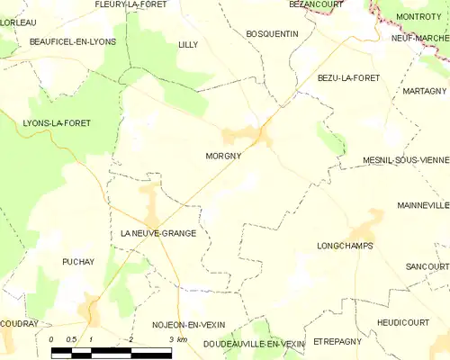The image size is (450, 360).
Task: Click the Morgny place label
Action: (220, 155)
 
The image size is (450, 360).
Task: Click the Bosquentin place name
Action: (271, 33)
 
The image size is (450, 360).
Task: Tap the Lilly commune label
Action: (188, 44)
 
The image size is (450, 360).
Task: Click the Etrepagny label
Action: (338, 342)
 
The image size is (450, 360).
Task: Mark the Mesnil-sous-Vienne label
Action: (400, 158)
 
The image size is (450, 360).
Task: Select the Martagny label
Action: (425, 91)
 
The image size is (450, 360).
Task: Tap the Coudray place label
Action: (18, 323)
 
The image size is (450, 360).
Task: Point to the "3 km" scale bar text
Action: (177, 339)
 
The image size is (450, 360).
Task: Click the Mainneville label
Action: (422, 205)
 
